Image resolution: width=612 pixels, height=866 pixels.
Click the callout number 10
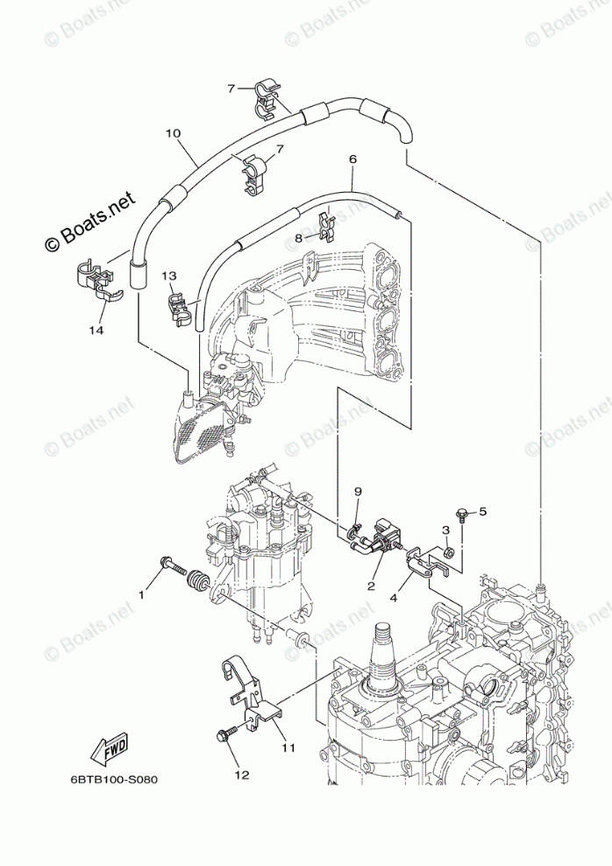(x=173, y=134)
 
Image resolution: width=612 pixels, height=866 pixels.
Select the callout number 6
(x=352, y=160)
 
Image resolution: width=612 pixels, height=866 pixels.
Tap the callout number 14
(x=96, y=330)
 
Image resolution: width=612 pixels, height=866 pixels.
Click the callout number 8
(x=299, y=237)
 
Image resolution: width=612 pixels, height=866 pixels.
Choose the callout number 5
(x=481, y=511)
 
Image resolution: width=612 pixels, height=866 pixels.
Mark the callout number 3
(x=445, y=530)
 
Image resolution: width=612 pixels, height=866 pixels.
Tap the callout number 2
(x=372, y=586)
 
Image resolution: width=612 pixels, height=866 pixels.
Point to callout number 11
(x=289, y=748)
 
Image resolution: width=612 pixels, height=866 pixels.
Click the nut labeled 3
(x=446, y=552)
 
